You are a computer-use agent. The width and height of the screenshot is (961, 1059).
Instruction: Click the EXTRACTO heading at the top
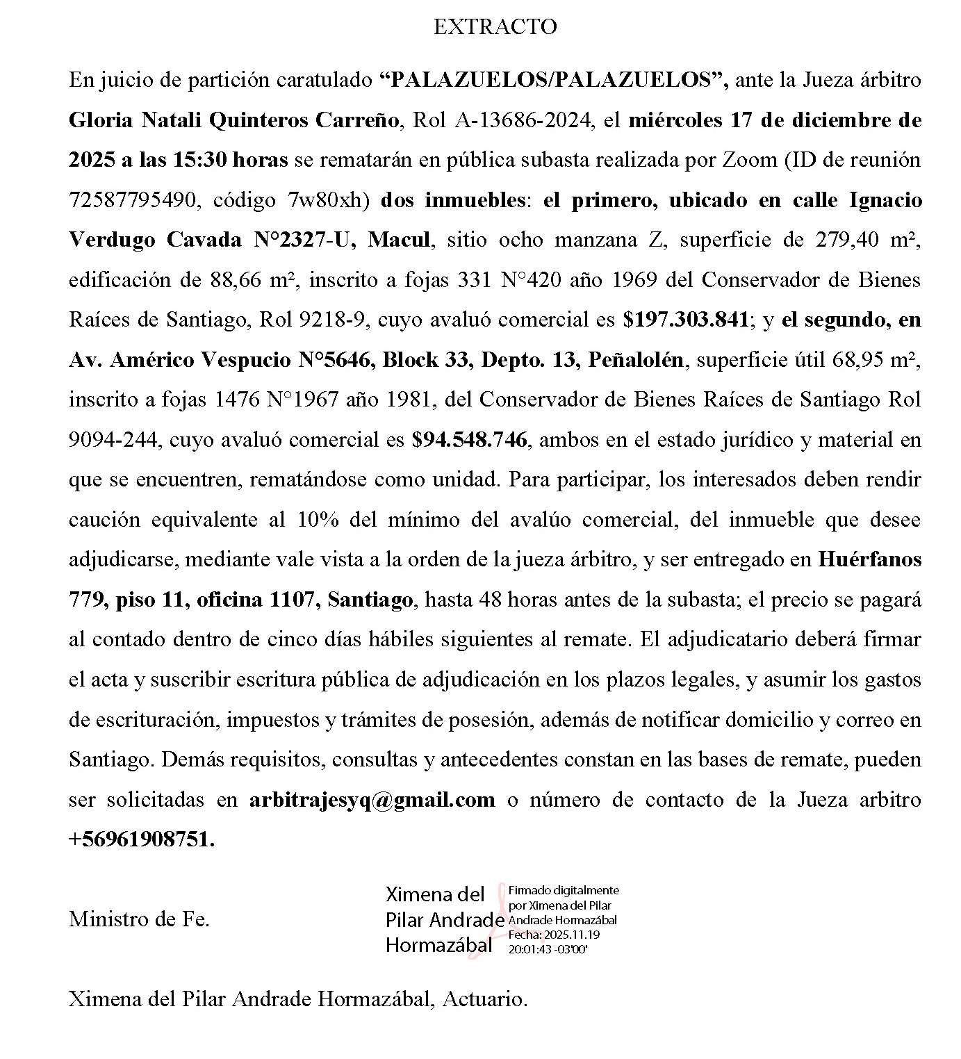point(495,27)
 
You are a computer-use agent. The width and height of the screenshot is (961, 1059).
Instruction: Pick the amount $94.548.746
point(469,441)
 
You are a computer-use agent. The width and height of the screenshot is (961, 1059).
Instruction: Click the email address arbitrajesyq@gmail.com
point(372,801)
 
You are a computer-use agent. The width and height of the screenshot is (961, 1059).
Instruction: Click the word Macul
point(400,240)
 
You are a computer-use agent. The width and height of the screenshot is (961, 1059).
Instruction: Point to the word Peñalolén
point(636,360)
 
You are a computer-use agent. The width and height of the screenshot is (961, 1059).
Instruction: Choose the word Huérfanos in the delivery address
point(869,560)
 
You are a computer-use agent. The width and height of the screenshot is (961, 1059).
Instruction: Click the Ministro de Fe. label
point(139,920)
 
